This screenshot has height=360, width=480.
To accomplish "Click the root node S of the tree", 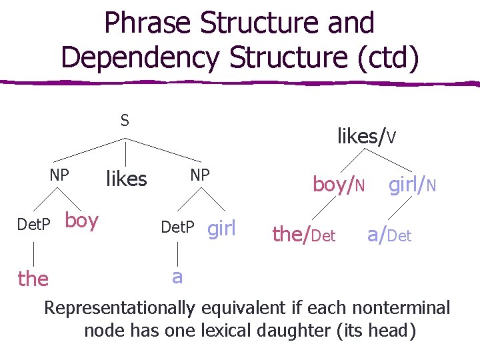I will pos(125,121).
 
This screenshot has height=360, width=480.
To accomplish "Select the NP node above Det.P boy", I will pos(60,175).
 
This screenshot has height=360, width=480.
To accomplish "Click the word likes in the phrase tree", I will pos(127,179).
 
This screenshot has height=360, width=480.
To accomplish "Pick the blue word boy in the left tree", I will pos(82,221).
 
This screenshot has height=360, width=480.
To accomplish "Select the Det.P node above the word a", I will pos(178,229).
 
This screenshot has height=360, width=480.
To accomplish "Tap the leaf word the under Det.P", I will pos(33,278).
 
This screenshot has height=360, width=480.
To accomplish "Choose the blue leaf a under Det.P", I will pos(177,276).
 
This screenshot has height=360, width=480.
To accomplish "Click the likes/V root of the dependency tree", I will pos(367,137).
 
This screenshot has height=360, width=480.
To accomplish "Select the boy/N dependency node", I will pos(339,185).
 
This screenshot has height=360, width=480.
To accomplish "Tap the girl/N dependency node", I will pos(413,185).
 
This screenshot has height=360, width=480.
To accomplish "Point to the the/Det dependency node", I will pos(304,234).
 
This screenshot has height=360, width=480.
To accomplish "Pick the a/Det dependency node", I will pos(389,234).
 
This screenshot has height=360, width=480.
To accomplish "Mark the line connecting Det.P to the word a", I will pos(177,253).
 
